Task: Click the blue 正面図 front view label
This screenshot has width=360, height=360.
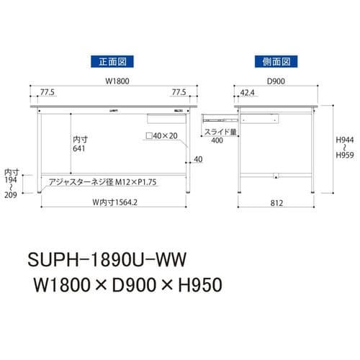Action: click(112, 63)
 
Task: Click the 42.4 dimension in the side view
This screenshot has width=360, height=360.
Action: click(247, 92)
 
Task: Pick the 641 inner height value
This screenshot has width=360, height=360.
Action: click(79, 148)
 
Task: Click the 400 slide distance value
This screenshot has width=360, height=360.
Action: click(215, 141)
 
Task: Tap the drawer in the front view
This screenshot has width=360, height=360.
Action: click(160, 116)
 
